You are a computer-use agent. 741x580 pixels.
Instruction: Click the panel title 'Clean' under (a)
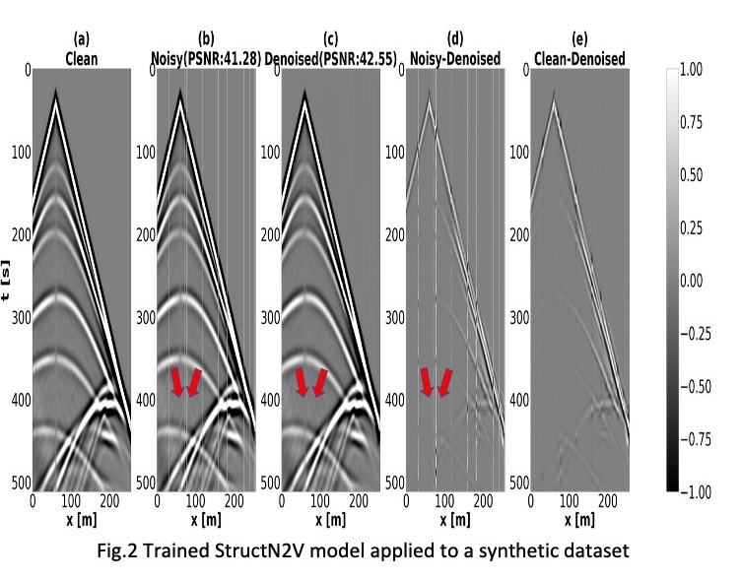point(81,59)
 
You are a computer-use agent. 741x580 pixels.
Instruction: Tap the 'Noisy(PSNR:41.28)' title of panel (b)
point(205,59)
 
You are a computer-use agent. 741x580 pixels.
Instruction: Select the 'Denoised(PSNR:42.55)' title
point(330,59)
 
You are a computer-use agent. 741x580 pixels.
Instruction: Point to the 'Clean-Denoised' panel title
point(579,59)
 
